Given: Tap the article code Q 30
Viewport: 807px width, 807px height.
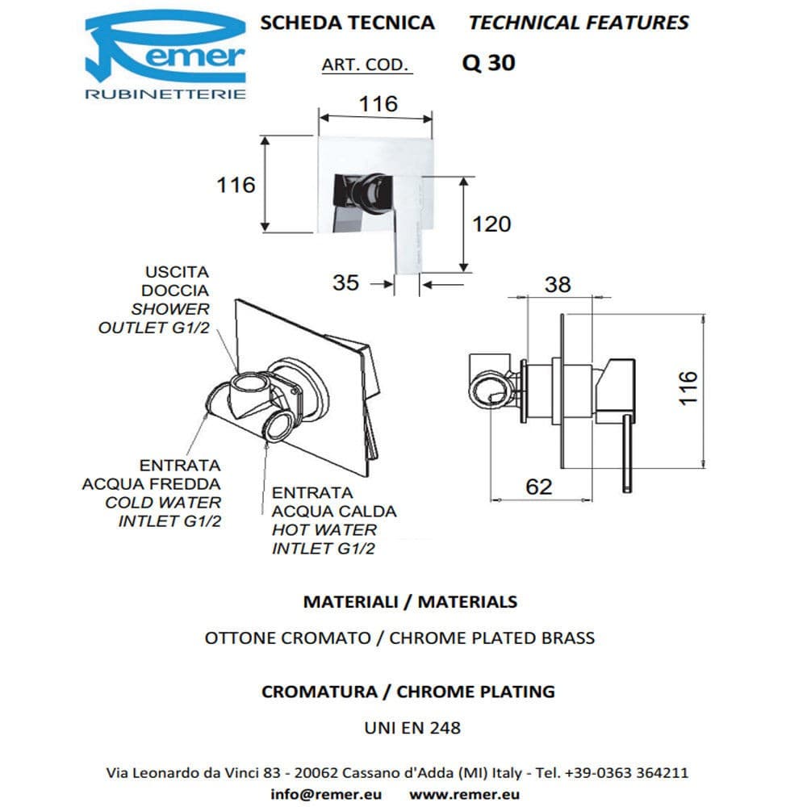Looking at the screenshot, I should (488, 63).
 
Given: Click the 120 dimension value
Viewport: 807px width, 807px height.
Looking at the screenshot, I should (491, 224).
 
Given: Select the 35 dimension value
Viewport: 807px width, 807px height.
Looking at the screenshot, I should (345, 282).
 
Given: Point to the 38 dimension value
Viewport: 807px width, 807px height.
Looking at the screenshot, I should (558, 284).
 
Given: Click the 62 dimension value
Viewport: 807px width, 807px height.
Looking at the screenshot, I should (539, 487).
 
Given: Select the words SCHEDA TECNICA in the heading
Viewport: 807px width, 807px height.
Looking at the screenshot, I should (347, 23).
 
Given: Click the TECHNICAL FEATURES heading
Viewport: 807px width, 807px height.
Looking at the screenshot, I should (579, 23).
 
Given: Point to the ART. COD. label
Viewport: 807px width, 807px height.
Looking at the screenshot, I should (366, 65).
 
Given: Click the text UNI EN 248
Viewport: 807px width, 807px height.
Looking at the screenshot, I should (412, 727).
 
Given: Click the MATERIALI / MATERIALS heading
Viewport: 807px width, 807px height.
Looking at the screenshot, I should (409, 601).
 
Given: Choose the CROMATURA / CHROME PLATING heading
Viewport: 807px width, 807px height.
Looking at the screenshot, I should (408, 692).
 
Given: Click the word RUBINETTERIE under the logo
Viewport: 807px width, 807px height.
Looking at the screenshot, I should (165, 94).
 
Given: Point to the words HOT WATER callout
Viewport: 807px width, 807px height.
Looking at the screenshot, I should (324, 530).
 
